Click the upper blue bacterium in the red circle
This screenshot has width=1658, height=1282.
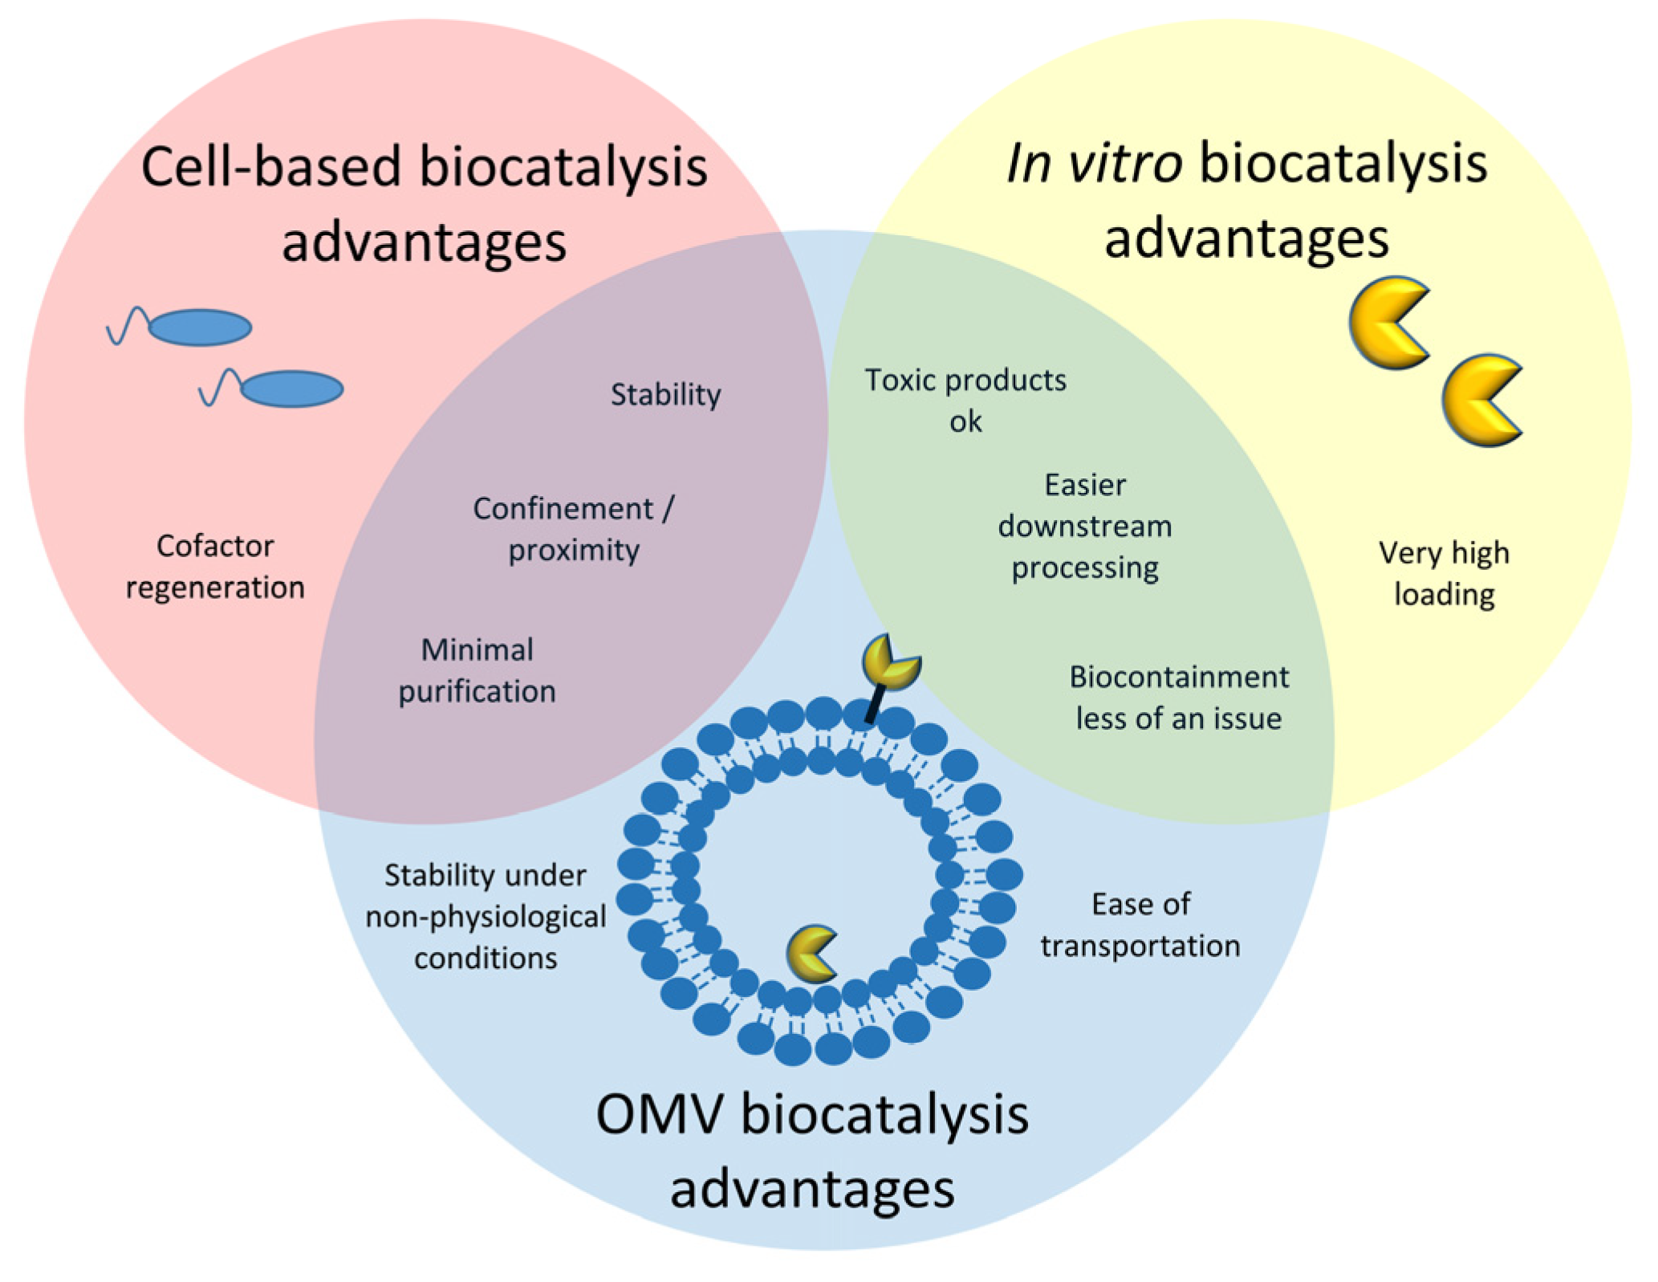point(199,328)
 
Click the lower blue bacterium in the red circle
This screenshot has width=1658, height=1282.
point(291,389)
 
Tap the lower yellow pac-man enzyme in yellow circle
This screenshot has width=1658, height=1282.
point(1481,400)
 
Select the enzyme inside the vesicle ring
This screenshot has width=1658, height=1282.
point(811,954)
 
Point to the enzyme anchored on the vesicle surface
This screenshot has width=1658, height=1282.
point(889,661)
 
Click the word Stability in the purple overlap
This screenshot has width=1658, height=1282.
point(665,394)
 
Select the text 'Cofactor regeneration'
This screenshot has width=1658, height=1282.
point(215,566)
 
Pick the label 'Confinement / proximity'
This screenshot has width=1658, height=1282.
point(574,528)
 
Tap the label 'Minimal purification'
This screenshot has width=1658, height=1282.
point(477,669)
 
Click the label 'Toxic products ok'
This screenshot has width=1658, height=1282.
point(965,400)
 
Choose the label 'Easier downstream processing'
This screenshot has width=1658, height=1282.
point(1085,526)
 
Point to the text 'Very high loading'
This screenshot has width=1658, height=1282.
point(1444,573)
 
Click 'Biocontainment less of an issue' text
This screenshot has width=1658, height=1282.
point(1179,697)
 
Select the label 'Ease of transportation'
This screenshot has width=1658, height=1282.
point(1140,924)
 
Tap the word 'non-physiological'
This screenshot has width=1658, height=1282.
point(486,916)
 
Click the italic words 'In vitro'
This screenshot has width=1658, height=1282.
point(1093,163)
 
